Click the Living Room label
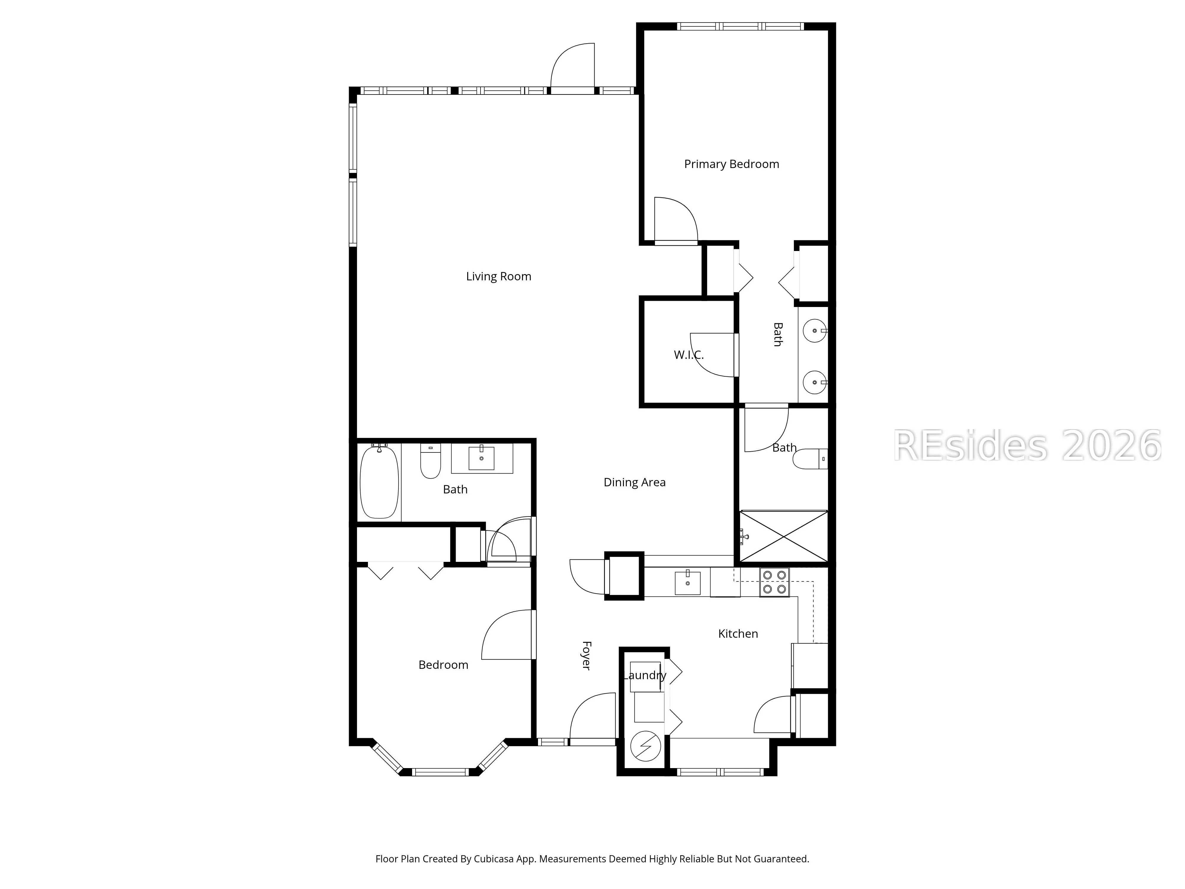498,276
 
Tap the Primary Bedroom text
731,164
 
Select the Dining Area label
634,482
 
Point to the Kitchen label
738,633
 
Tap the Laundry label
644,675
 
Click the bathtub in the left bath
379,481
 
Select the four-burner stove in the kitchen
774,582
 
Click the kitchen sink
687,583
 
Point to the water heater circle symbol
646,746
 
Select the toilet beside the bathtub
430,461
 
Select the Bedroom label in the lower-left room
443,665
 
